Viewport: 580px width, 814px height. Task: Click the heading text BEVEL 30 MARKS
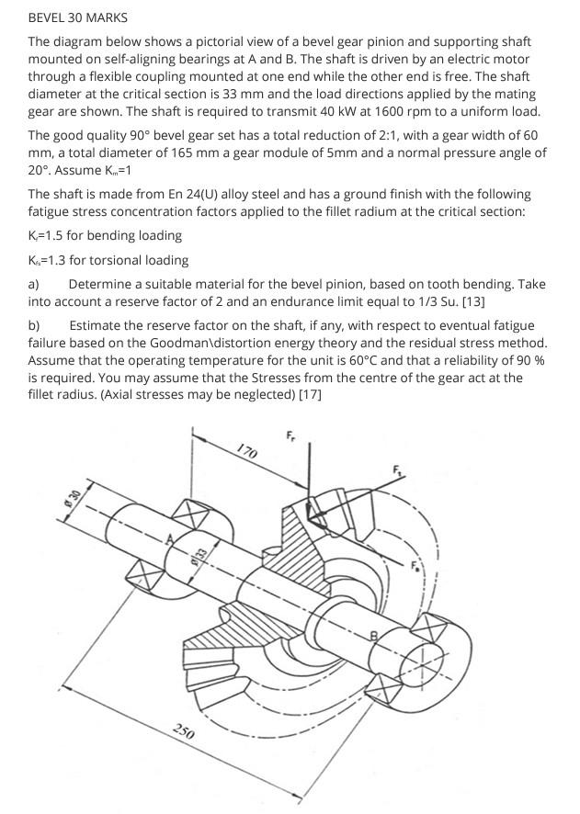coord(78,17)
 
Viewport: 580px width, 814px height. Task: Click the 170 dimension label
coord(245,450)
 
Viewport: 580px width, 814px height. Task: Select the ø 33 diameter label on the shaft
coord(197,555)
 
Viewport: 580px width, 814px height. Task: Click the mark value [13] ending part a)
coord(474,300)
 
